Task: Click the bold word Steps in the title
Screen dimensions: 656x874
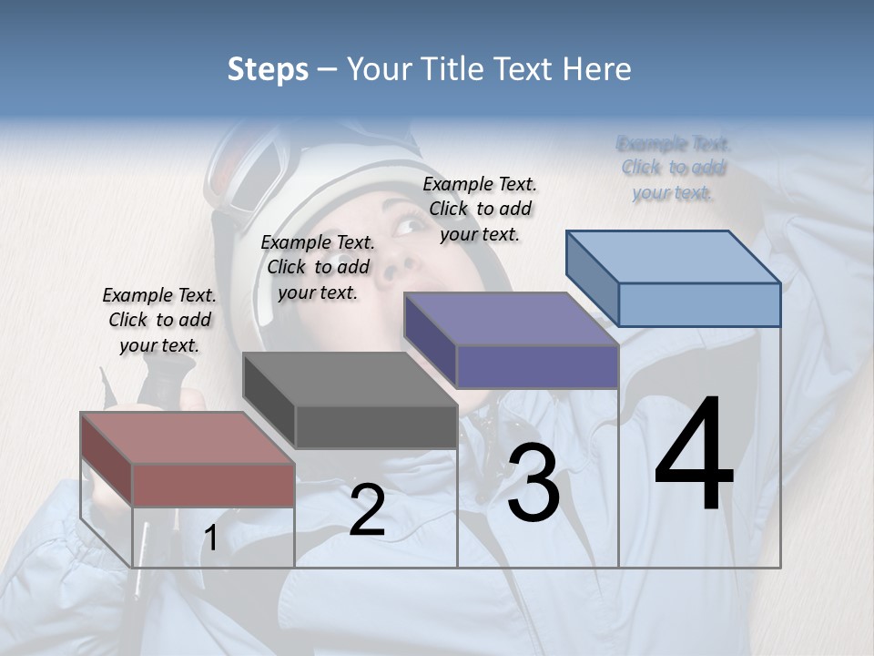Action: click(x=267, y=69)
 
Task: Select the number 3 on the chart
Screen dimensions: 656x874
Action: click(x=534, y=483)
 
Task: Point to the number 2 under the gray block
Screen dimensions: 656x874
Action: click(x=367, y=510)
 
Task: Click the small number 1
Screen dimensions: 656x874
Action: click(x=211, y=538)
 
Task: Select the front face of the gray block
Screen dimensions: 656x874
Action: click(x=376, y=426)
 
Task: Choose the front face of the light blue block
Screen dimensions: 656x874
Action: click(x=699, y=304)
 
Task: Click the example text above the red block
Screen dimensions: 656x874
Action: click(x=159, y=320)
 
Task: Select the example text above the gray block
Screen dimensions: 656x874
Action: click(x=318, y=267)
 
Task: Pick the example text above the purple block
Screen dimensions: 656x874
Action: click(x=480, y=209)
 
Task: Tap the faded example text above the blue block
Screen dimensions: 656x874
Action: click(x=673, y=168)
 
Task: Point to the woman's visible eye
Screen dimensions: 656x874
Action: click(x=412, y=224)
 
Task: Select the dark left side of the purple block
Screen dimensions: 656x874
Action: click(x=429, y=339)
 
